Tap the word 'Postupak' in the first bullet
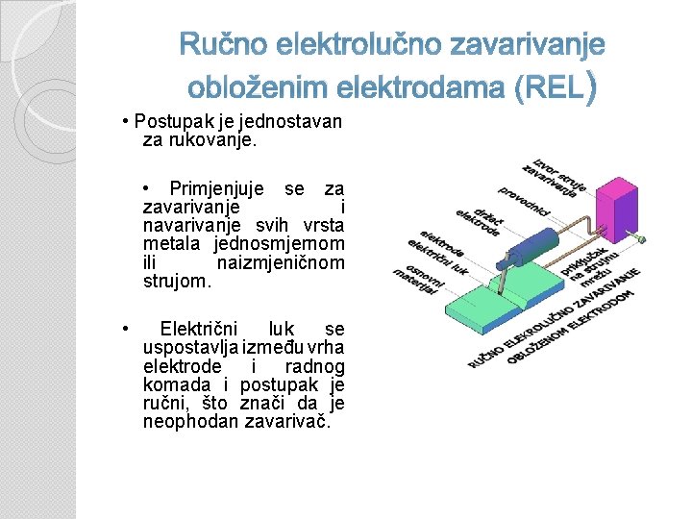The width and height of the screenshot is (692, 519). coord(168,122)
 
